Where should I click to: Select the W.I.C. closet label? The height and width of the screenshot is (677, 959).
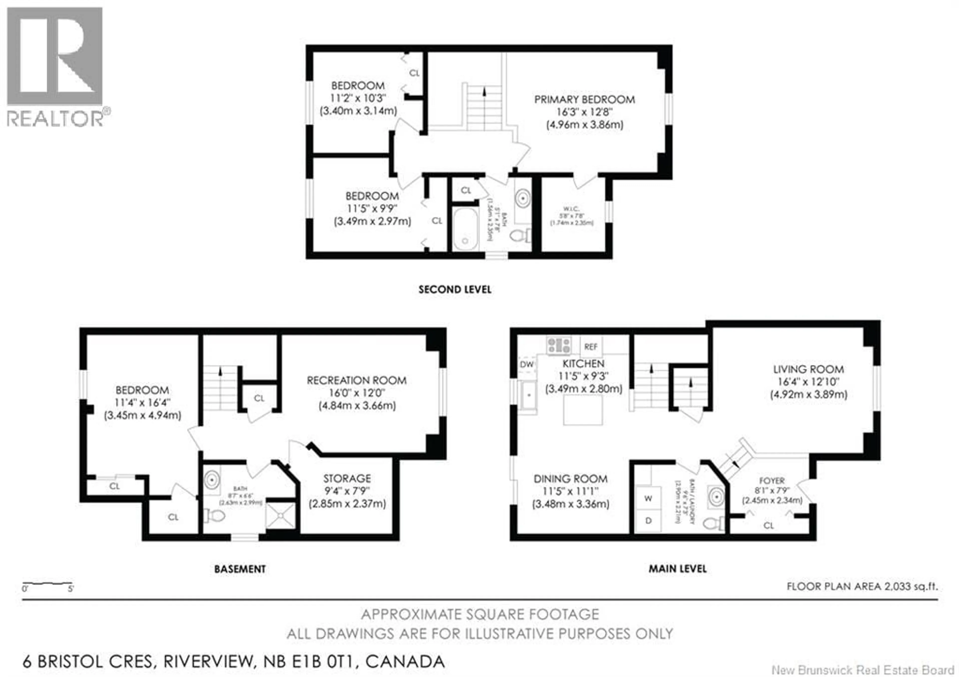pos(571,209)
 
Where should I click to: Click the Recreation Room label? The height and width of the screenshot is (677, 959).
pos(356,381)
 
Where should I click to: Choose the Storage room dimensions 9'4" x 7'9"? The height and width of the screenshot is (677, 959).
pos(347,491)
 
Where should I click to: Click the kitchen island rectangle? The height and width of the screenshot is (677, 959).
pos(583,410)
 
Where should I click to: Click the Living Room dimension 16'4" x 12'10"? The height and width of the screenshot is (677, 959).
pos(808,382)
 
